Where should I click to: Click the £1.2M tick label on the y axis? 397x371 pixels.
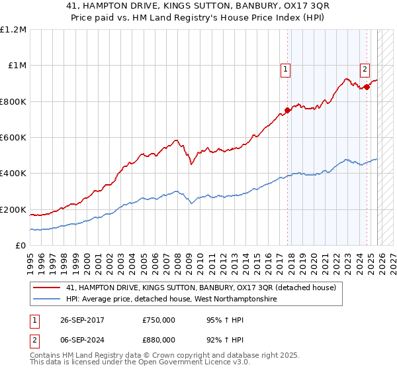[13, 30]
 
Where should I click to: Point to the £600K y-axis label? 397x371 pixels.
[13, 138]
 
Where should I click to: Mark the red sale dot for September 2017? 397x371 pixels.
[287, 111]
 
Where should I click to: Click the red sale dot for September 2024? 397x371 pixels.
[367, 87]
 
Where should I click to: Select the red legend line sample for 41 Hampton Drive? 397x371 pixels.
[48, 288]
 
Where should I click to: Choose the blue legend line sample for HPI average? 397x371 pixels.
[48, 299]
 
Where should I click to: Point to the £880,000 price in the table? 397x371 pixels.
[158, 340]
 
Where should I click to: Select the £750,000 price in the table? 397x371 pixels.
[158, 320]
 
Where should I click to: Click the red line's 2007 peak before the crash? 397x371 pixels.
[176, 140]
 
